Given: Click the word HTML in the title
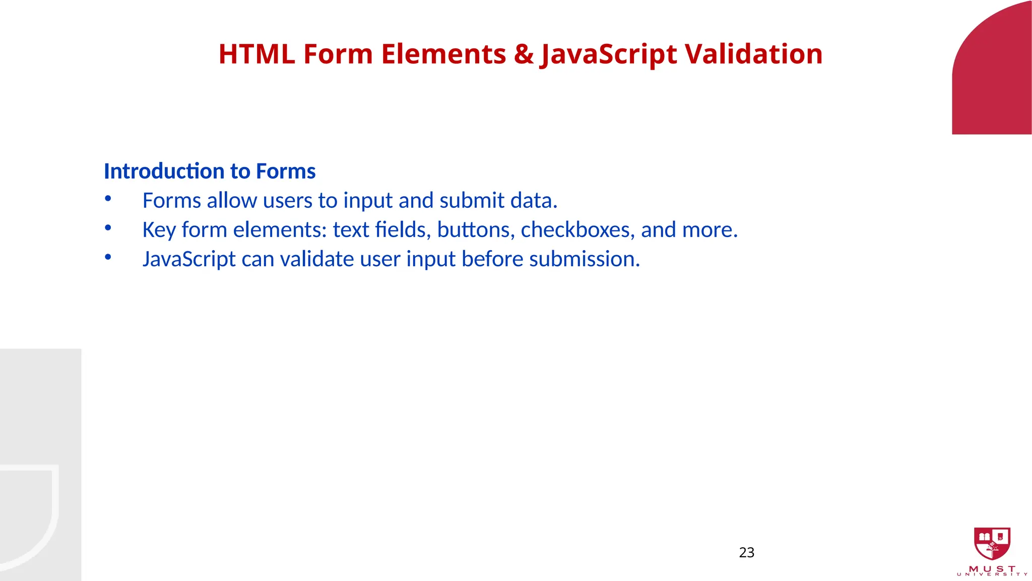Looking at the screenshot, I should (x=256, y=54).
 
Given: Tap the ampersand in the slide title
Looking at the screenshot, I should (x=524, y=54).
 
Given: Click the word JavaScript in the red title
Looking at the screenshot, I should (x=608, y=54).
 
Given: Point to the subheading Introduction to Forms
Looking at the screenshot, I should (x=210, y=171).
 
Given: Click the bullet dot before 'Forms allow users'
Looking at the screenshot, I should (x=108, y=199).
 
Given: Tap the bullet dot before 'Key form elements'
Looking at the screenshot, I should (x=108, y=228).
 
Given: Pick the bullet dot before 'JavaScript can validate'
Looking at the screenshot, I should (x=108, y=257).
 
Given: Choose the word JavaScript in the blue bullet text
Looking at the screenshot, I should (x=189, y=259).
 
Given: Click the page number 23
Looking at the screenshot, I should (x=746, y=553).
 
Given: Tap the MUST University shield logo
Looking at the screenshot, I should (x=992, y=543).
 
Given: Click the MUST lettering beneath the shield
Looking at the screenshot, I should (x=992, y=569).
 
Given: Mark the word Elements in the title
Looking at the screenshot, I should (x=443, y=54).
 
